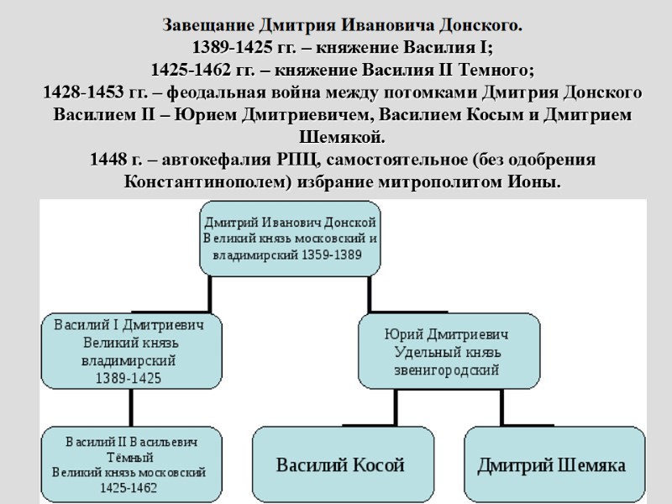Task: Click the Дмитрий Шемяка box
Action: [x=551, y=465]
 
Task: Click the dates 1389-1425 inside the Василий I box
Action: [x=129, y=378]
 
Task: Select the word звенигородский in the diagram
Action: [x=447, y=370]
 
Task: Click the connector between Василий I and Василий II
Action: [x=130, y=409]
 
